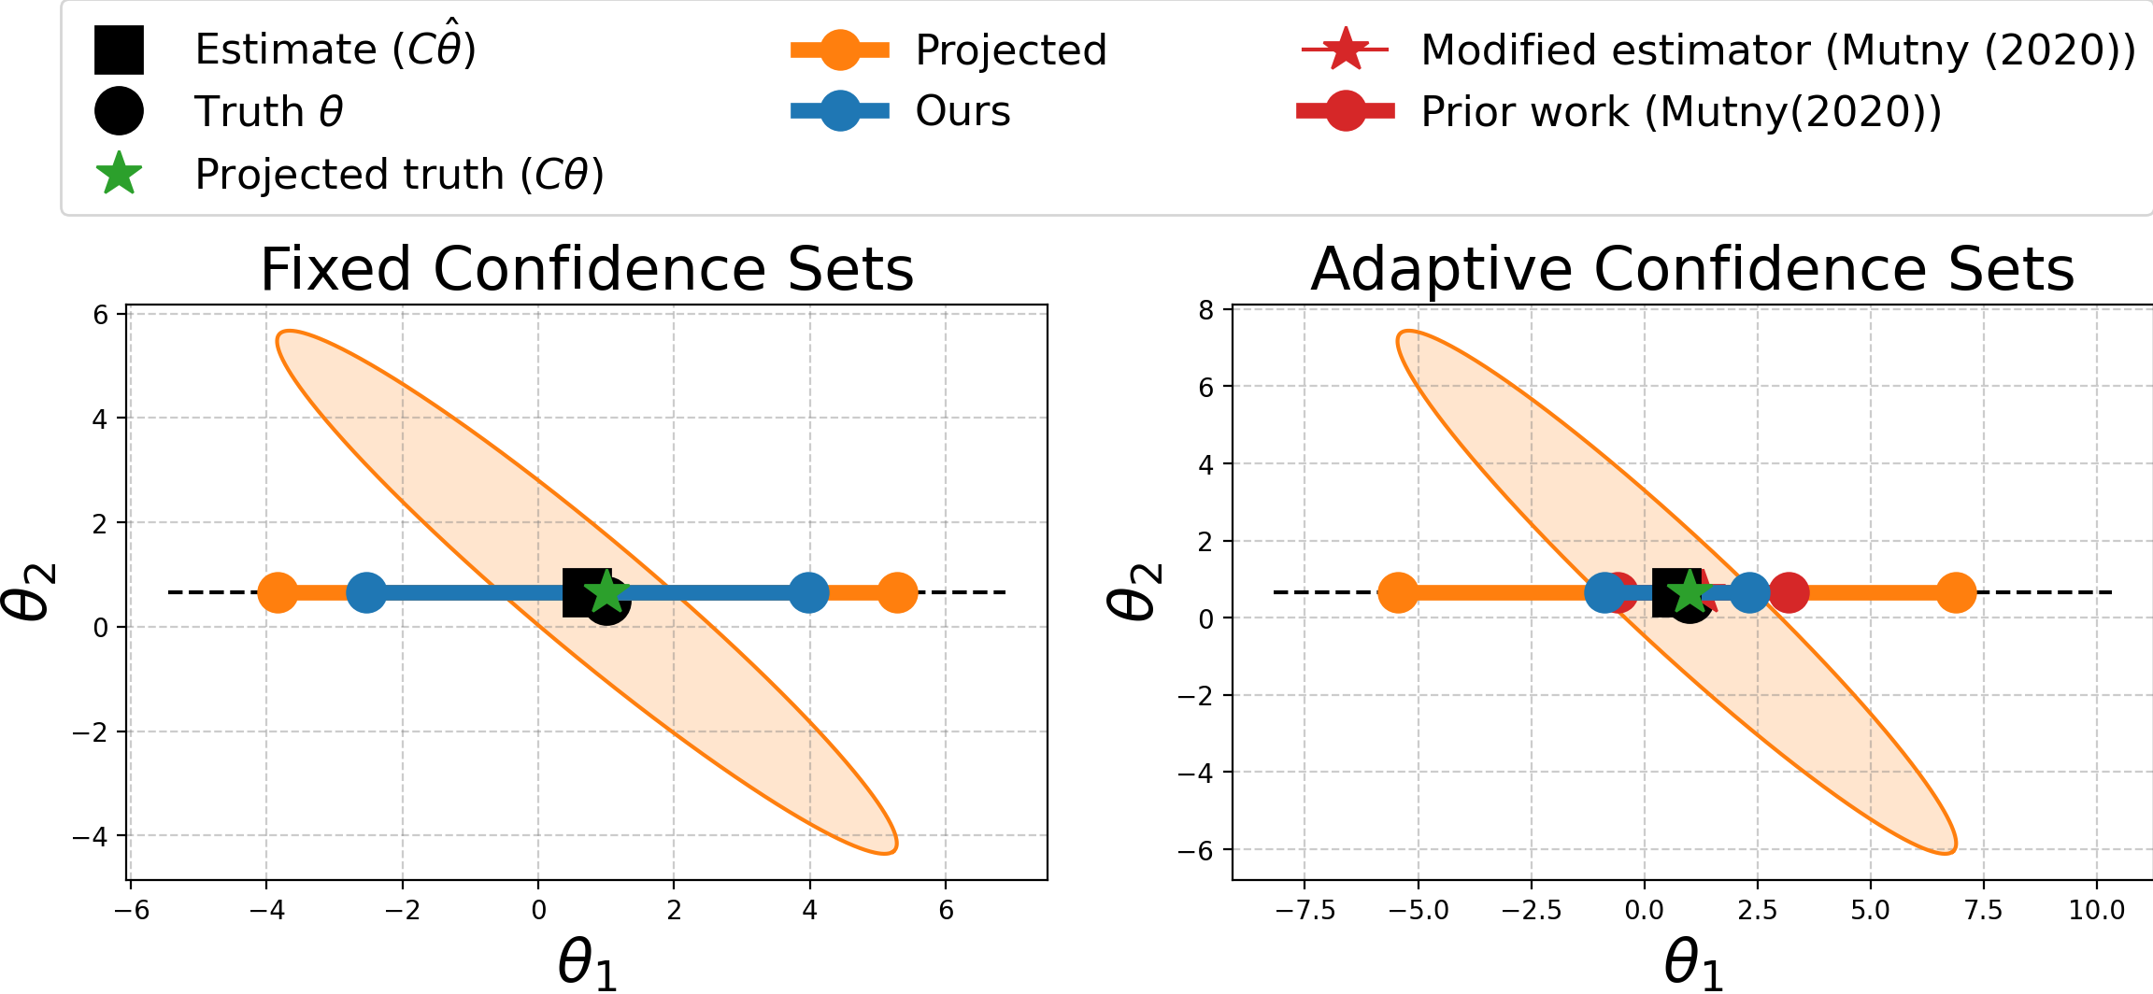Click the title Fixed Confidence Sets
[x=587, y=270]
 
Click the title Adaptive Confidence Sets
[x=1692, y=270]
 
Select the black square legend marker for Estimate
[x=119, y=50]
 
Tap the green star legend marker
[x=119, y=174]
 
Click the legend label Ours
[x=962, y=111]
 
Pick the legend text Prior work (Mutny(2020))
[x=1681, y=112]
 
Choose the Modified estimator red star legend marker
[x=1345, y=50]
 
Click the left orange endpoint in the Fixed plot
[x=278, y=592]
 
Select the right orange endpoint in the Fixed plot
[x=897, y=592]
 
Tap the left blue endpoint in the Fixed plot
[x=366, y=592]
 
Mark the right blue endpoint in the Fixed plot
[x=808, y=592]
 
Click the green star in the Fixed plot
[x=607, y=592]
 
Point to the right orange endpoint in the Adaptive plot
[x=1956, y=592]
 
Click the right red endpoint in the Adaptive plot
[x=1789, y=592]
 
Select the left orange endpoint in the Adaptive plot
[x=1398, y=592]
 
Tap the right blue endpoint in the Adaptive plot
[x=1749, y=592]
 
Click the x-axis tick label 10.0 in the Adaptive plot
[x=2096, y=910]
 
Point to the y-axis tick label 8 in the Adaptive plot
[x=1205, y=310]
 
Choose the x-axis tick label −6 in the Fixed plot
[x=132, y=910]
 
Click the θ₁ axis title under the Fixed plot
[x=587, y=963]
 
